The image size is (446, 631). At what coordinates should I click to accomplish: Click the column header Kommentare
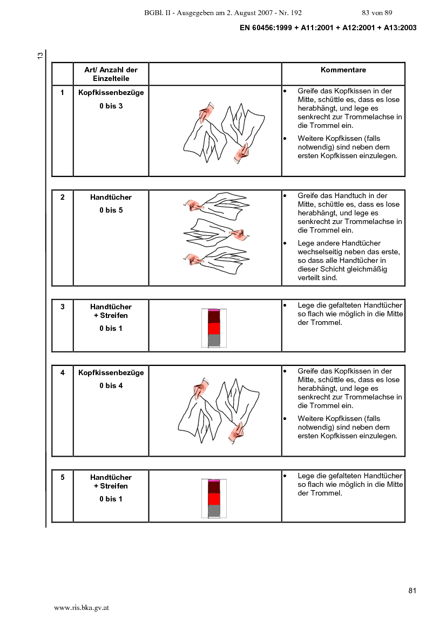(343, 70)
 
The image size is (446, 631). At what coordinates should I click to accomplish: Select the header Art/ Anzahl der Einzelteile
(111, 74)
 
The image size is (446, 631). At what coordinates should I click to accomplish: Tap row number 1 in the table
(63, 92)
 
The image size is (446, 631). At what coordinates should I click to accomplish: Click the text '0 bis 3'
(111, 106)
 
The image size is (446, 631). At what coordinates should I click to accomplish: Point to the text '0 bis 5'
(111, 210)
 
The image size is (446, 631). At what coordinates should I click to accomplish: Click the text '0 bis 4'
(111, 385)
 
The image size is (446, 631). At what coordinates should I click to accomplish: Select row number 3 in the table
(63, 307)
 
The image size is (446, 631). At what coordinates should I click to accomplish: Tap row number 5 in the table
(63, 477)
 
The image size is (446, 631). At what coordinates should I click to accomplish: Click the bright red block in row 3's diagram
(214, 328)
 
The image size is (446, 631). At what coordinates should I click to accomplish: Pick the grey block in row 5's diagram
(214, 511)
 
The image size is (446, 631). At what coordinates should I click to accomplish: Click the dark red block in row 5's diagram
(214, 487)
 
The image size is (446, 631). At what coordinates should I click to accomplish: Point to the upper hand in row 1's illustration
(206, 112)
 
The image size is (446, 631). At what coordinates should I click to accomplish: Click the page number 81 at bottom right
(412, 591)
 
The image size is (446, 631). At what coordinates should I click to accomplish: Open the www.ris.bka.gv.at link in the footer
(82, 608)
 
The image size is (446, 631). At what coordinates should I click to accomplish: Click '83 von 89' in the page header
(377, 13)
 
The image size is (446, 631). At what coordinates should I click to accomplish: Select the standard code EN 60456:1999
(266, 28)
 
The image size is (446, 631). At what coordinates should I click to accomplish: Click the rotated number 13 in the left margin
(40, 56)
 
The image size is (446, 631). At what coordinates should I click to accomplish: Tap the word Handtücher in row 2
(111, 197)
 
